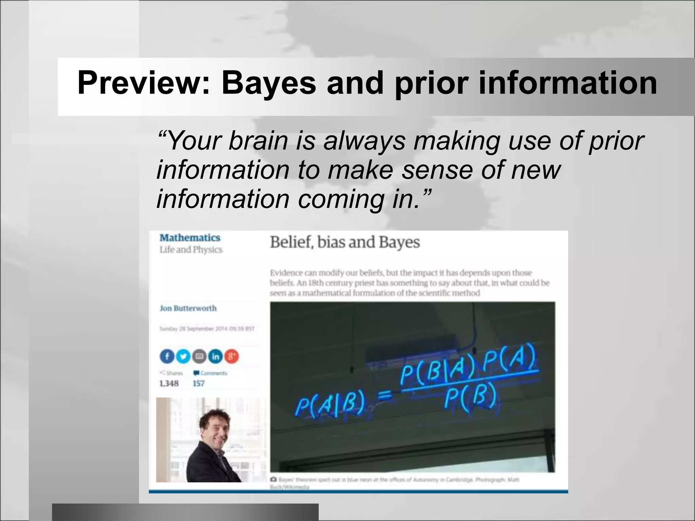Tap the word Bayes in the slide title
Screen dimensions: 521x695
[x=268, y=83]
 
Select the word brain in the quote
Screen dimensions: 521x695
[x=258, y=140]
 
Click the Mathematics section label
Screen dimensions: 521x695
[x=190, y=238]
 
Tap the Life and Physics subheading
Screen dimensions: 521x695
[x=191, y=250]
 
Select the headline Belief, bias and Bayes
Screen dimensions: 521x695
[x=345, y=242]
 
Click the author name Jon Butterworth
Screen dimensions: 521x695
[x=188, y=308]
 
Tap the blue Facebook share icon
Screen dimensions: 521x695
[x=167, y=356]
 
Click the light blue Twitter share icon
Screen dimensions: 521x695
[x=183, y=356]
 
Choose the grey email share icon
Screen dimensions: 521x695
[x=200, y=356]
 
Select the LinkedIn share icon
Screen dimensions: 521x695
[x=215, y=356]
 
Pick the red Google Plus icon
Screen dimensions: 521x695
[x=231, y=356]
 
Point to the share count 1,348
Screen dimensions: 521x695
[x=169, y=384]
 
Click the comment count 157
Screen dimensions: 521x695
[x=199, y=384]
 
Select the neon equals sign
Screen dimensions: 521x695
[x=385, y=395]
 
